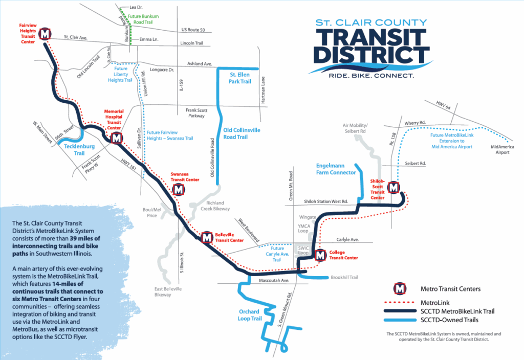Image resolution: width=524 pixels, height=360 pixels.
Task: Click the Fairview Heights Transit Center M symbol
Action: (x=45, y=34)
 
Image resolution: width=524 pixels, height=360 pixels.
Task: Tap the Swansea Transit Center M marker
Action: (x=179, y=190)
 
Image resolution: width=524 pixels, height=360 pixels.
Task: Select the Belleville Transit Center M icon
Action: (x=207, y=237)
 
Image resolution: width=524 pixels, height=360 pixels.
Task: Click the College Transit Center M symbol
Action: (x=320, y=255)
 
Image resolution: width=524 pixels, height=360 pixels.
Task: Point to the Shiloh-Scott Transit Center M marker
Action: (x=394, y=187)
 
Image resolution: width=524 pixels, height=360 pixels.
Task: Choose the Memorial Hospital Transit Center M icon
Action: (x=116, y=138)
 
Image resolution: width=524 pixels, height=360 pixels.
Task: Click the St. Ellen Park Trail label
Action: (x=239, y=78)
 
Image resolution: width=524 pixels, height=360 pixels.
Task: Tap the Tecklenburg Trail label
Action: (x=79, y=150)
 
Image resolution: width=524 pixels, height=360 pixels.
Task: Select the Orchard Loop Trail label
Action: (x=250, y=315)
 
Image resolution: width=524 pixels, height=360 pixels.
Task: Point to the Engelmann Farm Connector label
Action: (x=336, y=169)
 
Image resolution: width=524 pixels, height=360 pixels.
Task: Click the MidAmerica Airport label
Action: (x=503, y=149)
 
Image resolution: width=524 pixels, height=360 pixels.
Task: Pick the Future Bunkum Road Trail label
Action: (x=143, y=19)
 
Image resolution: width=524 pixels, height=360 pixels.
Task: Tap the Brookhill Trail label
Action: (x=344, y=277)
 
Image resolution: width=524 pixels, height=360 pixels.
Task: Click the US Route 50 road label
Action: (x=193, y=30)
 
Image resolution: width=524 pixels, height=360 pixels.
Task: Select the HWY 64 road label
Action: (x=444, y=105)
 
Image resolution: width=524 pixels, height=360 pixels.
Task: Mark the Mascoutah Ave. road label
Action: (x=274, y=281)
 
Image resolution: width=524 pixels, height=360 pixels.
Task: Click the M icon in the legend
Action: (x=400, y=288)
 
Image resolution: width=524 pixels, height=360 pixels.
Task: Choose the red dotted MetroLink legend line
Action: (x=400, y=303)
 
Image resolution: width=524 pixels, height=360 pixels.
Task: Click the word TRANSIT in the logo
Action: (x=371, y=37)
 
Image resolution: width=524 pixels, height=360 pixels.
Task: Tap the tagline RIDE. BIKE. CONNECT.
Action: (x=372, y=76)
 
